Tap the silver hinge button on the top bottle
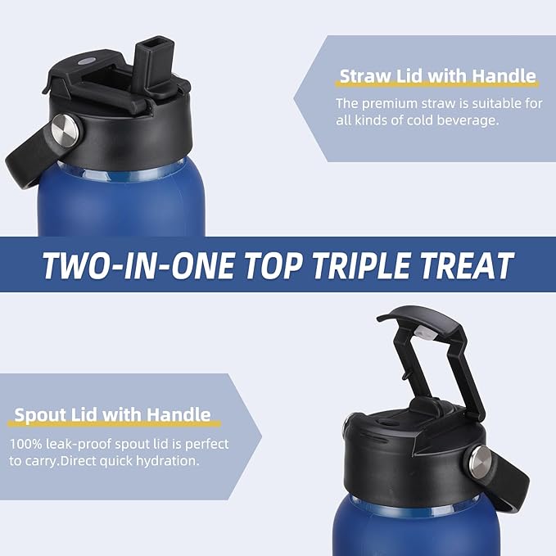tap(66, 130)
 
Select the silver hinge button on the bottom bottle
tap(481, 462)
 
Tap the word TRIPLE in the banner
tap(361, 264)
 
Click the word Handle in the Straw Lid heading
tap(504, 76)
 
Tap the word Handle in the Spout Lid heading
tap(179, 414)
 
